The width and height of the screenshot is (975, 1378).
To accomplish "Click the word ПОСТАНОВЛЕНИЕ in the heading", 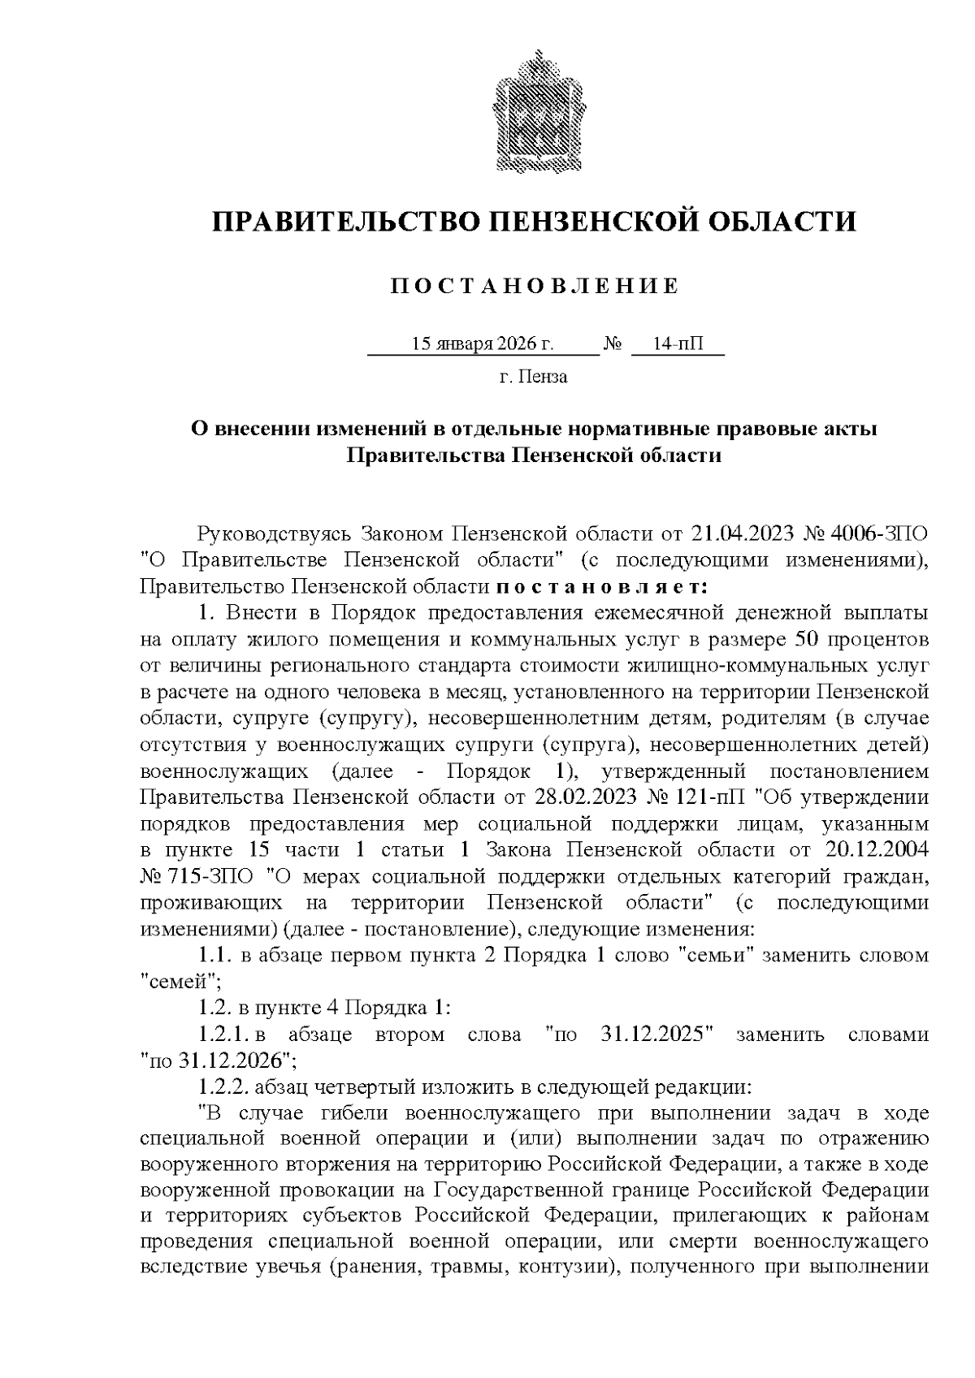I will (x=534, y=287).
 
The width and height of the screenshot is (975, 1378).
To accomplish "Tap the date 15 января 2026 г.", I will (x=483, y=344).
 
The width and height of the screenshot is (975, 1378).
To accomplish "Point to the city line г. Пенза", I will (x=534, y=377).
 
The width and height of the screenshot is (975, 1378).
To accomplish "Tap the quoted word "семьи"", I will (x=719, y=955).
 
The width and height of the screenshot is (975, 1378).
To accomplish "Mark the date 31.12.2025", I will (x=656, y=1035).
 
